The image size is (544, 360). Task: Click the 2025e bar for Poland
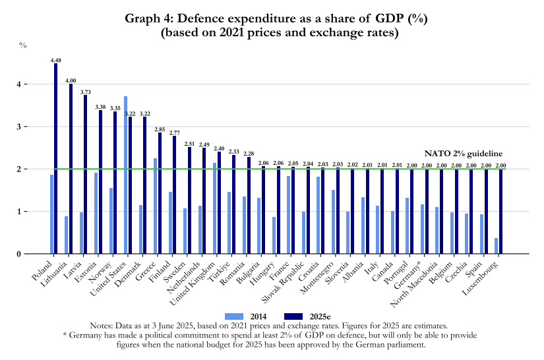[56, 158]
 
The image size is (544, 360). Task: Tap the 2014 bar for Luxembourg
[497, 246]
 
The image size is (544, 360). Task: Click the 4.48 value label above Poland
[56, 60]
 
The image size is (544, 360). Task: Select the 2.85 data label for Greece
[160, 129]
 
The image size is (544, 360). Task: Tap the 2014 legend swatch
[235, 316]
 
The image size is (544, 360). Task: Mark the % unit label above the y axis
[22, 45]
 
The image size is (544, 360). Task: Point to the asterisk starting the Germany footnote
[65, 335]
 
